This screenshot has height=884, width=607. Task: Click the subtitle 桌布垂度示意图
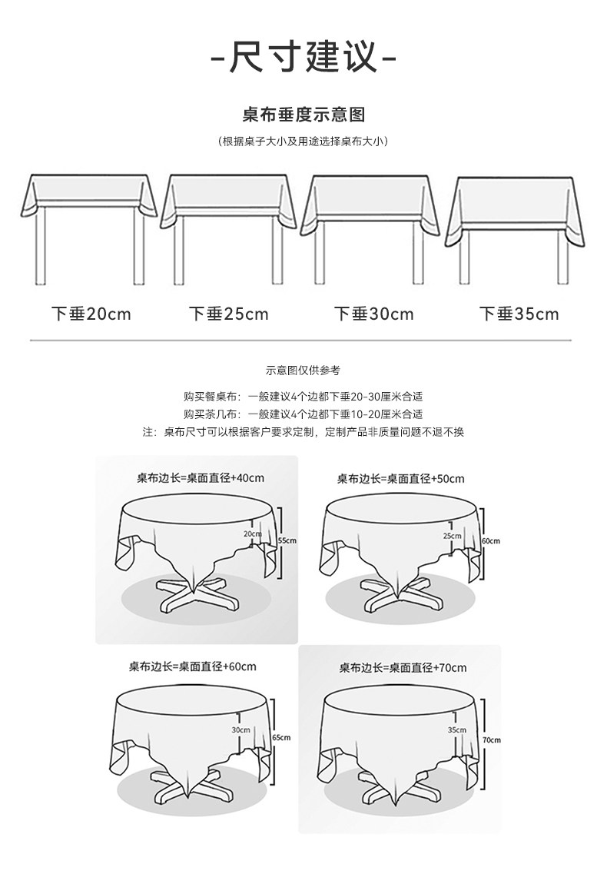[x=303, y=115]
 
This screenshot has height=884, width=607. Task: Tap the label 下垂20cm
[x=91, y=314]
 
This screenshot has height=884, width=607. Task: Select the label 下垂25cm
[x=229, y=314]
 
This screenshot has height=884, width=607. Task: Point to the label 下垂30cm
[x=374, y=314]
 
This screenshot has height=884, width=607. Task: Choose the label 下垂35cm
[x=519, y=314]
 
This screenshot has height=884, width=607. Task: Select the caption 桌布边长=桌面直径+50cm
[x=401, y=478]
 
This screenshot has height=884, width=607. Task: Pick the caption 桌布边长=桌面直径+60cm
[x=193, y=665]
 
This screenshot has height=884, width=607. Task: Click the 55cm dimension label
[x=287, y=540]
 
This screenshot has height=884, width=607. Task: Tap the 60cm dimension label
[x=490, y=540]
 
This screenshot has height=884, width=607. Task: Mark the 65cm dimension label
[x=281, y=737]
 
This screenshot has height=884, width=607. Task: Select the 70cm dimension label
[x=491, y=739]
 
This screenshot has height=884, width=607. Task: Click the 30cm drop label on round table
[x=240, y=729]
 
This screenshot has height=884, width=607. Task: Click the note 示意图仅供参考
[x=303, y=371]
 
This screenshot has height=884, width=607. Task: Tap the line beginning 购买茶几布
[x=303, y=414]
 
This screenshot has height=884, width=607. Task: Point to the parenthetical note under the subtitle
[x=303, y=141]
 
